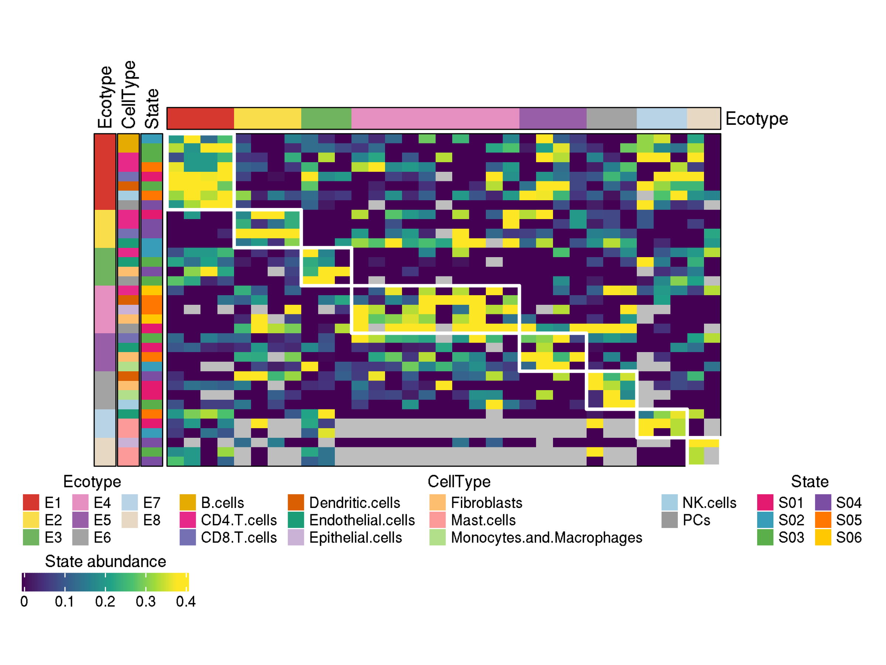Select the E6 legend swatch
[80, 538]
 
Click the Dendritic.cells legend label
[354, 503]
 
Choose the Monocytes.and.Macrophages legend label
[546, 538]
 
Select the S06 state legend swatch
[823, 538]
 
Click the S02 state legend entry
[765, 520]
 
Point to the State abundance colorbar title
[105, 561]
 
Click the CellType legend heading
[459, 481]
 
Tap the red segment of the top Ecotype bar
[200, 119]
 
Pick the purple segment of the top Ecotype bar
[553, 119]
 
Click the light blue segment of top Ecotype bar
[661, 119]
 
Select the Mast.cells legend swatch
[437, 520]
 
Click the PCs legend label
[696, 520]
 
